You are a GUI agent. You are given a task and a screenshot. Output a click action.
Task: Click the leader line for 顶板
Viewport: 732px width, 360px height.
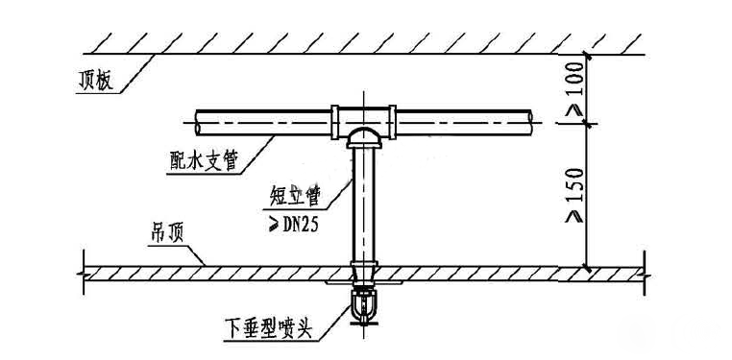[134, 72]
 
